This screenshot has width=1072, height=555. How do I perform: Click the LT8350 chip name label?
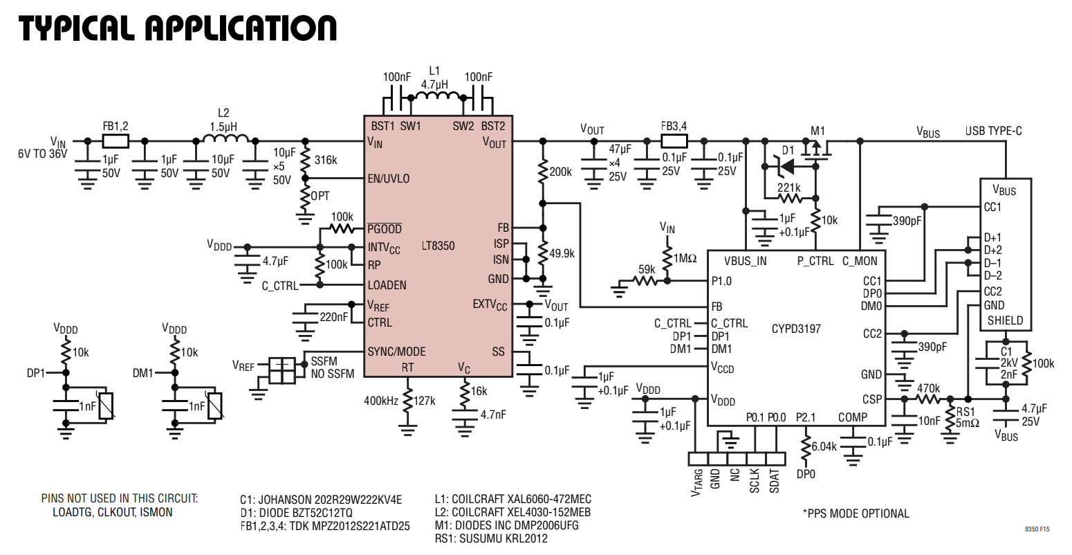click(438, 246)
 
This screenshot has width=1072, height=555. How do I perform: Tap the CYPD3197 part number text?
click(796, 328)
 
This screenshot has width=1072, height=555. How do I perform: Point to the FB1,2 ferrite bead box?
click(115, 141)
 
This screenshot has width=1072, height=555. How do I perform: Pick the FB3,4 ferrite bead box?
click(674, 141)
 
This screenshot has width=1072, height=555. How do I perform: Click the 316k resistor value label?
click(326, 160)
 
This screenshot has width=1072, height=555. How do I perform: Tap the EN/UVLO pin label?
click(389, 179)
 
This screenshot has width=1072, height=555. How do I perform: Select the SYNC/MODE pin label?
click(396, 352)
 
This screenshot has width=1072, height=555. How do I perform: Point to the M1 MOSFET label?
click(817, 131)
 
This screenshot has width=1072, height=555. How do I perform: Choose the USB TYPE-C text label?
click(993, 131)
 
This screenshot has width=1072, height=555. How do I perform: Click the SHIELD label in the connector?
click(1005, 320)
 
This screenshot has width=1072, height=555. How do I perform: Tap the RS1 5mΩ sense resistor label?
click(967, 417)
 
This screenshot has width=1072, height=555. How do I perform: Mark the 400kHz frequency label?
click(380, 401)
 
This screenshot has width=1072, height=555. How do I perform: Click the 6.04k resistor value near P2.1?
click(824, 446)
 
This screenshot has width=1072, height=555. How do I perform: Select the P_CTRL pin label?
click(815, 261)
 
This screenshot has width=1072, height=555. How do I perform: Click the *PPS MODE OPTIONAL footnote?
click(856, 513)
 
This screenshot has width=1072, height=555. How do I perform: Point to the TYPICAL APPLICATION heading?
click(178, 28)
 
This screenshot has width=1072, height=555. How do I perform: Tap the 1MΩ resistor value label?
click(685, 258)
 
